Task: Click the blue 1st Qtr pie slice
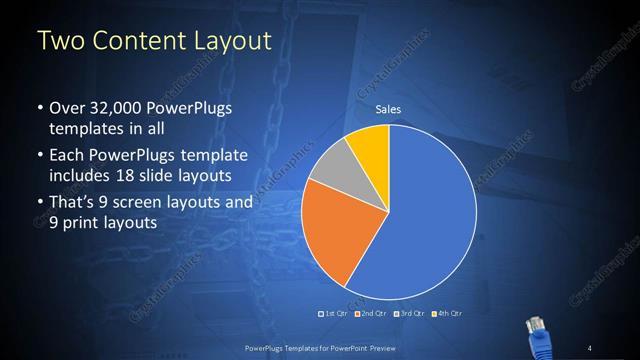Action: point(420,220)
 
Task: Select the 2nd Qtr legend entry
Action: point(372,313)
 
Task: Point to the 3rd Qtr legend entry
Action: point(411,313)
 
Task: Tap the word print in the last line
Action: point(83,223)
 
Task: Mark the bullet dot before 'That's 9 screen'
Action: point(39,202)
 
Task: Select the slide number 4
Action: point(589,346)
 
